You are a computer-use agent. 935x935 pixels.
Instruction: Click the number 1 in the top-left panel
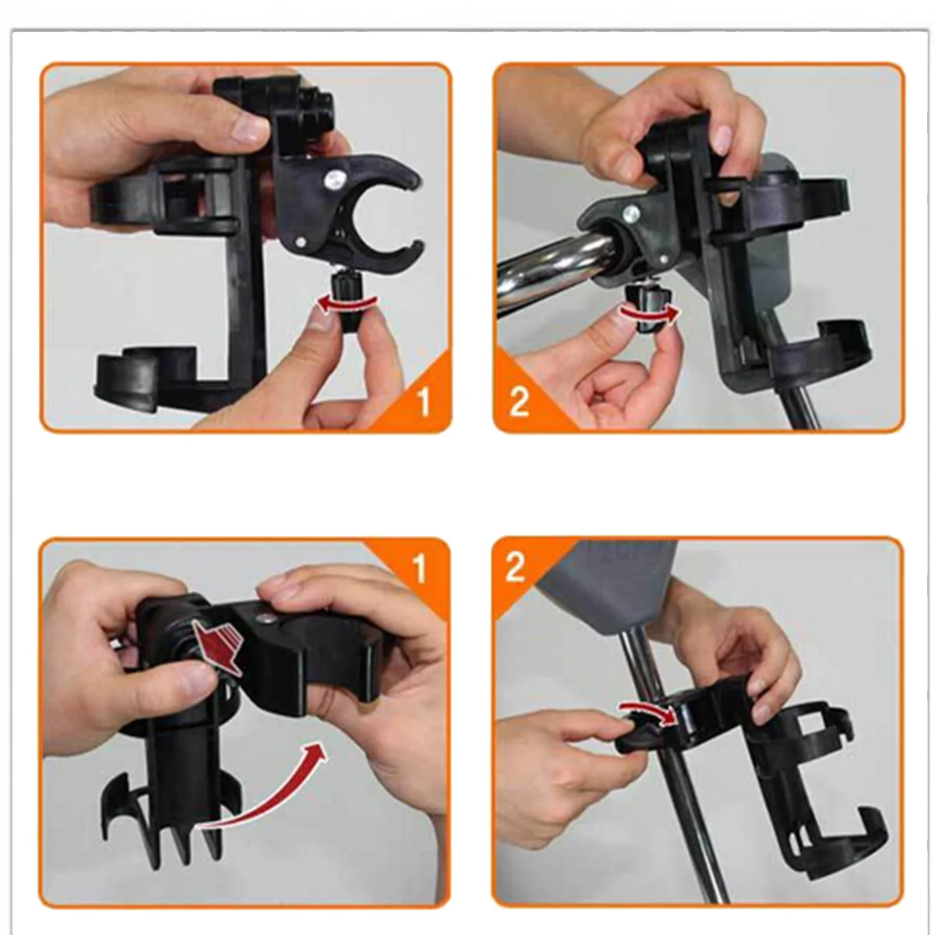point(422,402)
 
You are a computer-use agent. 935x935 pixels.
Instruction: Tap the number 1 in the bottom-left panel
point(420,570)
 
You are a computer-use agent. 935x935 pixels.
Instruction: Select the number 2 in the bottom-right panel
point(515,567)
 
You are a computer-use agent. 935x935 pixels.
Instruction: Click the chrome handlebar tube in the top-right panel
point(545,269)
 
